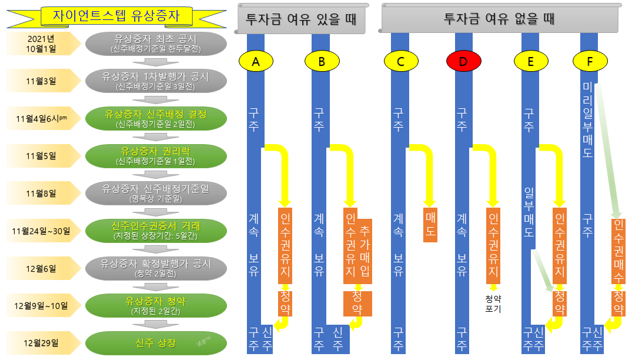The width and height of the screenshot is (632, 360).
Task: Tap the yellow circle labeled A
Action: (x=256, y=61)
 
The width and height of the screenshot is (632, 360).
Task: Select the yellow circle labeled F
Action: (x=590, y=61)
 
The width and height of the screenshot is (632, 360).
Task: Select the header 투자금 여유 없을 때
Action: (x=500, y=20)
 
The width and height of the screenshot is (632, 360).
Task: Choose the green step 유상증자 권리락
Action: (x=156, y=155)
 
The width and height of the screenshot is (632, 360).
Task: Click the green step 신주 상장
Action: (x=156, y=343)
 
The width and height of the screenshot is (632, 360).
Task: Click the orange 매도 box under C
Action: (x=430, y=224)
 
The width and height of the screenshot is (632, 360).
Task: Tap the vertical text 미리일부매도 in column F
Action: (x=587, y=119)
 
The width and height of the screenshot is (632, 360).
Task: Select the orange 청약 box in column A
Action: (x=285, y=303)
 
